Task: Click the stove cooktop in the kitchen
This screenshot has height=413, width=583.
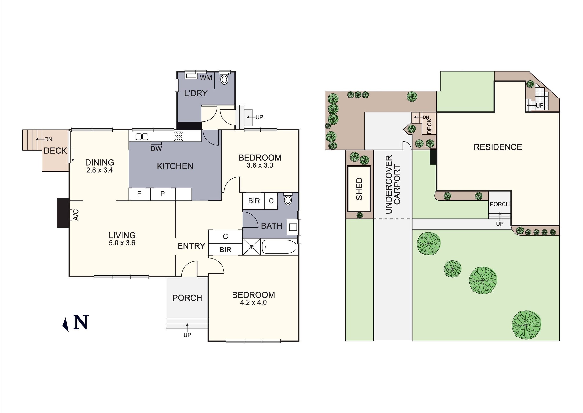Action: tap(178, 136)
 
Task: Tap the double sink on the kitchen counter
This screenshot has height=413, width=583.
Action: tap(142, 137)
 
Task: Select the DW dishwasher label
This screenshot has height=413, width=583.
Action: tap(156, 149)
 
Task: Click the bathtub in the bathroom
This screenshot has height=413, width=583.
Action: tap(279, 246)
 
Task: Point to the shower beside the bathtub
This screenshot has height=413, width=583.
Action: tap(251, 246)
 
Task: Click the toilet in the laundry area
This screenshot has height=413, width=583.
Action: tap(224, 79)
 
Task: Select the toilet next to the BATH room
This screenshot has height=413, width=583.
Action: tap(288, 200)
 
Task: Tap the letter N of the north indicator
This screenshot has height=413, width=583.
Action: tap(81, 322)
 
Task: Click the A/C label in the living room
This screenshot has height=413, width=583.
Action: tap(76, 215)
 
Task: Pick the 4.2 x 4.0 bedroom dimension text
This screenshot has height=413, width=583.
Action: tap(253, 303)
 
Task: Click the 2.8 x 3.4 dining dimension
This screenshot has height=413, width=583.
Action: tap(100, 170)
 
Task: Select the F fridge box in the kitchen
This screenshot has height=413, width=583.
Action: tap(139, 194)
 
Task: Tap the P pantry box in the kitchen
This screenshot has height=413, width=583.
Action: tap(163, 194)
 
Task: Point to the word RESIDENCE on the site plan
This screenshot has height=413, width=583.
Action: tap(498, 147)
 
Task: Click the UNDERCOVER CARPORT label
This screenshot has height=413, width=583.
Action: tap(392, 184)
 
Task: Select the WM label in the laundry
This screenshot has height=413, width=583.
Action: tap(206, 78)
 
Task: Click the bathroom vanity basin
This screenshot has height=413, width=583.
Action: tap(293, 227)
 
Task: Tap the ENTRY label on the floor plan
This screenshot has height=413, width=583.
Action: tap(191, 246)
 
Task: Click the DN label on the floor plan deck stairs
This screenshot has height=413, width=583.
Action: tap(48, 139)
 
